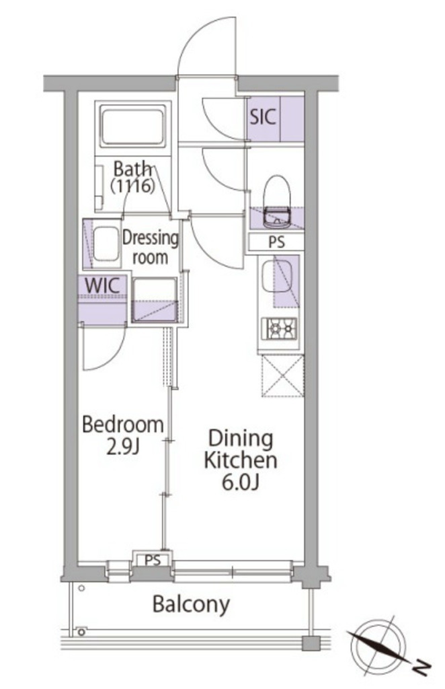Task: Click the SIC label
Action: (x=263, y=117)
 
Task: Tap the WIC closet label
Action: (x=102, y=285)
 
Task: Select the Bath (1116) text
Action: (x=132, y=177)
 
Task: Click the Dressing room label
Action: (x=150, y=247)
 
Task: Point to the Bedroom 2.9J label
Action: (x=123, y=435)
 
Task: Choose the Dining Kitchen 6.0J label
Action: (x=241, y=460)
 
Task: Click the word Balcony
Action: (x=191, y=605)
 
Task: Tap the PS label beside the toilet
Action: (x=276, y=242)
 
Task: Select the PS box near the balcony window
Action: (x=153, y=559)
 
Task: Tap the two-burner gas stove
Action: (x=279, y=328)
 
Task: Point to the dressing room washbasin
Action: (x=107, y=245)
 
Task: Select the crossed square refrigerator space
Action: (x=282, y=376)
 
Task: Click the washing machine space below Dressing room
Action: (x=155, y=299)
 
